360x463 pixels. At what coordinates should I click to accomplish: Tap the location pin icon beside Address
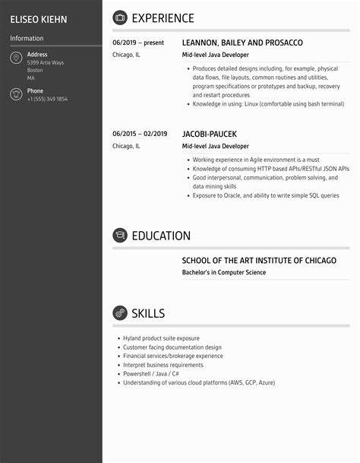pyautogui.click(x=15, y=59)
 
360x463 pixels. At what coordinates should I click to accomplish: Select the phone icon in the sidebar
pyautogui.click(x=15, y=94)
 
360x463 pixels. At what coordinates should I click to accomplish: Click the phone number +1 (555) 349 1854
pyautogui.click(x=47, y=100)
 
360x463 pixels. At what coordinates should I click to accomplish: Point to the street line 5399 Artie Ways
pyautogui.click(x=45, y=62)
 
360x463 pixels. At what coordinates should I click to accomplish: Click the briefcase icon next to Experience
pyautogui.click(x=119, y=18)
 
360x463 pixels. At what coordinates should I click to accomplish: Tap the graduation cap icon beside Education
pyautogui.click(x=119, y=236)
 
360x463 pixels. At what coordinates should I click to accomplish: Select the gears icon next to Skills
pyautogui.click(x=119, y=313)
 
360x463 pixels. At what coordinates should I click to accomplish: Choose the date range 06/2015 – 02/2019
pyautogui.click(x=139, y=134)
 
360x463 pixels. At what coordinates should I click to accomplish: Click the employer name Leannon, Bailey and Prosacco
pyautogui.click(x=242, y=43)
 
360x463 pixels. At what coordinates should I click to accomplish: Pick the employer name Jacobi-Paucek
pyautogui.click(x=210, y=134)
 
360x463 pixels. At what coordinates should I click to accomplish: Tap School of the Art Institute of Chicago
pyautogui.click(x=258, y=261)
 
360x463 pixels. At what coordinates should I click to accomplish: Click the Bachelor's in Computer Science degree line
pyautogui.click(x=224, y=272)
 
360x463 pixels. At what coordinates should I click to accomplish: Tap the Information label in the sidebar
pyautogui.click(x=27, y=38)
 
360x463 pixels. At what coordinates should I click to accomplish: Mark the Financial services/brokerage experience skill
pyautogui.click(x=172, y=356)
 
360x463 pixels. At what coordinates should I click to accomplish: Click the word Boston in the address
pyautogui.click(x=35, y=70)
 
